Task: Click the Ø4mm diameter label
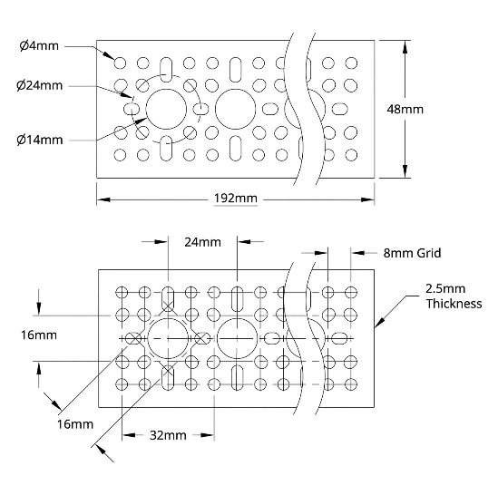tap(39, 46)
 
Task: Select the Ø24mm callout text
tap(39, 85)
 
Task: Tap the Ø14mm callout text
tap(40, 140)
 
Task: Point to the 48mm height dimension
tap(405, 109)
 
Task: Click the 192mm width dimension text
tap(235, 199)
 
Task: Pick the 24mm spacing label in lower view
tap(202, 242)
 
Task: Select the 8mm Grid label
tap(412, 253)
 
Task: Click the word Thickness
tap(454, 304)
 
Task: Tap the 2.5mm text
tap(445, 288)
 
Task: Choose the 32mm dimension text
tap(168, 435)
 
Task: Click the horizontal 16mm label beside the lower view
tap(39, 335)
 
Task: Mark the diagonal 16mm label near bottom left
tap(75, 424)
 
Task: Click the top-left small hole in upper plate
tap(120, 63)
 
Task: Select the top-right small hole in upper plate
tap(351, 63)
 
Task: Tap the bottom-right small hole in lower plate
tap(351, 384)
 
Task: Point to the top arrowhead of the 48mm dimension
tap(405, 46)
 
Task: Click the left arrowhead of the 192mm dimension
tap(103, 199)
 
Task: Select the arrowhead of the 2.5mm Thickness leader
tap(380, 322)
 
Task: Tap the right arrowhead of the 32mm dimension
tap(208, 435)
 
